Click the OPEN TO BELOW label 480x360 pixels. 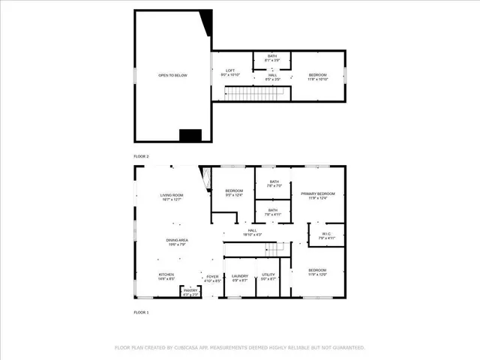pyautogui.click(x=172, y=76)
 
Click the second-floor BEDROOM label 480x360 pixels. pyautogui.click(x=318, y=76)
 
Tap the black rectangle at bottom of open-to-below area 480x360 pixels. pyautogui.click(x=190, y=135)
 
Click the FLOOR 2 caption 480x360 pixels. pyautogui.click(x=142, y=156)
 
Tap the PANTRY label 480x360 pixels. pyautogui.click(x=190, y=292)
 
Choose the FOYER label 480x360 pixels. pyautogui.click(x=213, y=277)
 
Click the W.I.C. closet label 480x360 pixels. pyautogui.click(x=326, y=235)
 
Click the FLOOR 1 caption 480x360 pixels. pyautogui.click(x=142, y=311)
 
